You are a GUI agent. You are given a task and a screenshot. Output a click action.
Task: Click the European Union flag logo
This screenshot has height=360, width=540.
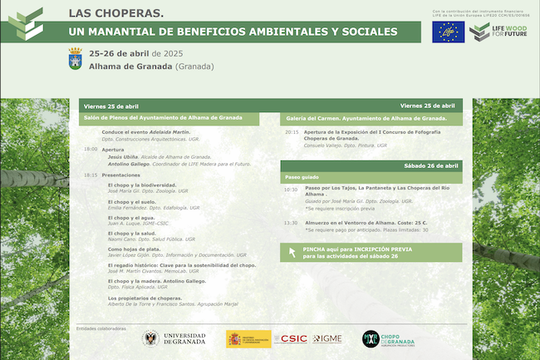pos(448,32)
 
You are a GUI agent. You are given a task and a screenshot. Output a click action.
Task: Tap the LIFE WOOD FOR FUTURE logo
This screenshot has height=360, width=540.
pos(496,32)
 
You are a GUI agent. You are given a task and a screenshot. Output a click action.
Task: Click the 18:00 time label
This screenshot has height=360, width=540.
pos(91,150)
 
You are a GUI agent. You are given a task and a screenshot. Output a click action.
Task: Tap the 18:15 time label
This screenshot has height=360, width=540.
pos(91,175)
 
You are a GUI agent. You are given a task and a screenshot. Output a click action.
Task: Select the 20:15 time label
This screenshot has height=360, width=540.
pos(292,132)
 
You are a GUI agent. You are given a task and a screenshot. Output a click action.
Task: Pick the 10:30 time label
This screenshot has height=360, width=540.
pos(290,190)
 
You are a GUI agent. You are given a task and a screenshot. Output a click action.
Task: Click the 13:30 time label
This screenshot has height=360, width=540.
pos(290,223)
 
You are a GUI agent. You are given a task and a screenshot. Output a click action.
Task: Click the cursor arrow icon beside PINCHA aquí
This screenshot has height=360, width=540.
pos(292,252)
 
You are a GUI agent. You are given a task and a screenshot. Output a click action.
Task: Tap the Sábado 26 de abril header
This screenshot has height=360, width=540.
pos(430,165)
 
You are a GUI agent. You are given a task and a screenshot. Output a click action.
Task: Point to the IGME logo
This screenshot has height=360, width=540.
pos(327,338)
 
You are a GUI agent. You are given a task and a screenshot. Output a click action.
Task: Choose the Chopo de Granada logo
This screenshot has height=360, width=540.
pos(387,338)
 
